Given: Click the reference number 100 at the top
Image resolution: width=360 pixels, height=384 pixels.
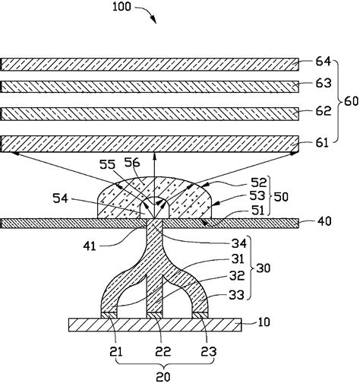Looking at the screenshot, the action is click(122, 7).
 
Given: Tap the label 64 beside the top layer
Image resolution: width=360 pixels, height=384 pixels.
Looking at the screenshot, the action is click(323, 62).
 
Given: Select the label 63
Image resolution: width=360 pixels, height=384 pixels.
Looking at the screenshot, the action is click(324, 84).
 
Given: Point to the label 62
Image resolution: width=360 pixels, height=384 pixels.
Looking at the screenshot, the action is click(324, 111).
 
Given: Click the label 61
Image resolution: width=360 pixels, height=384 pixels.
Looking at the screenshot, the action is click(322, 143).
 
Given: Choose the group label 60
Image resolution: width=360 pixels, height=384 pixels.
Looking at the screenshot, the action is click(351, 102).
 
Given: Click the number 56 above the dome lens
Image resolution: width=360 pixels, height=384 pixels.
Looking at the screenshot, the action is click(132, 163).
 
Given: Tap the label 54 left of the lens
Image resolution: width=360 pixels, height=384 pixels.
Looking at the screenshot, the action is click(60, 198).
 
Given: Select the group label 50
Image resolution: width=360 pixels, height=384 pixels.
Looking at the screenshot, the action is click(281, 197).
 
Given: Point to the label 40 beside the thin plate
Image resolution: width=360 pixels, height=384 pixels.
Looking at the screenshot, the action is click(324, 221).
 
